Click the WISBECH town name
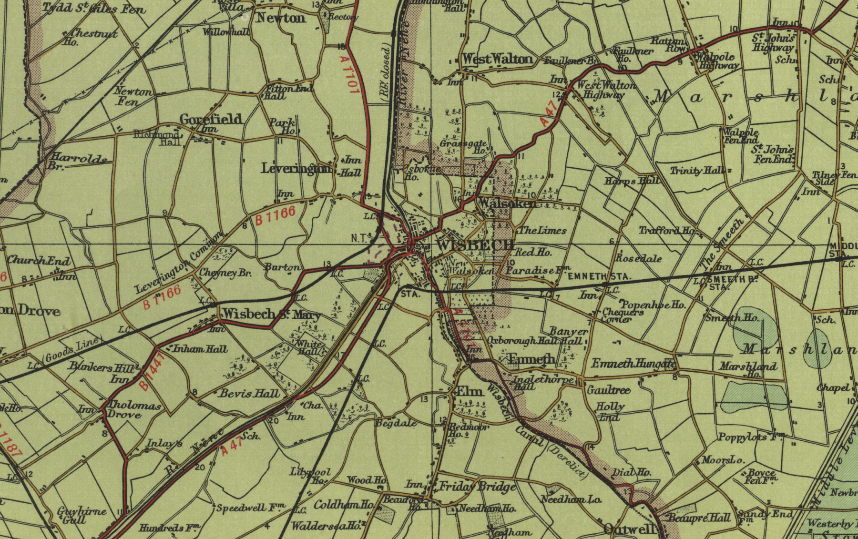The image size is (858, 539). point(475,245)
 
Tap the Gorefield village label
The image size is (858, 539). point(211,119)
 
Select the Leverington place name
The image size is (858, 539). point(296,168)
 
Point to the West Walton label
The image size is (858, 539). point(498,59)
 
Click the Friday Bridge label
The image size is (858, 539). point(477,487)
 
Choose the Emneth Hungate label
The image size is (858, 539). point(633,364)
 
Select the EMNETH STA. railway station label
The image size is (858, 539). point(599,276)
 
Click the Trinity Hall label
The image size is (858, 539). point(697,170)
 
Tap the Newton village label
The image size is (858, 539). point(281,18)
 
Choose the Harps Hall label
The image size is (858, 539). point(632,181)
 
